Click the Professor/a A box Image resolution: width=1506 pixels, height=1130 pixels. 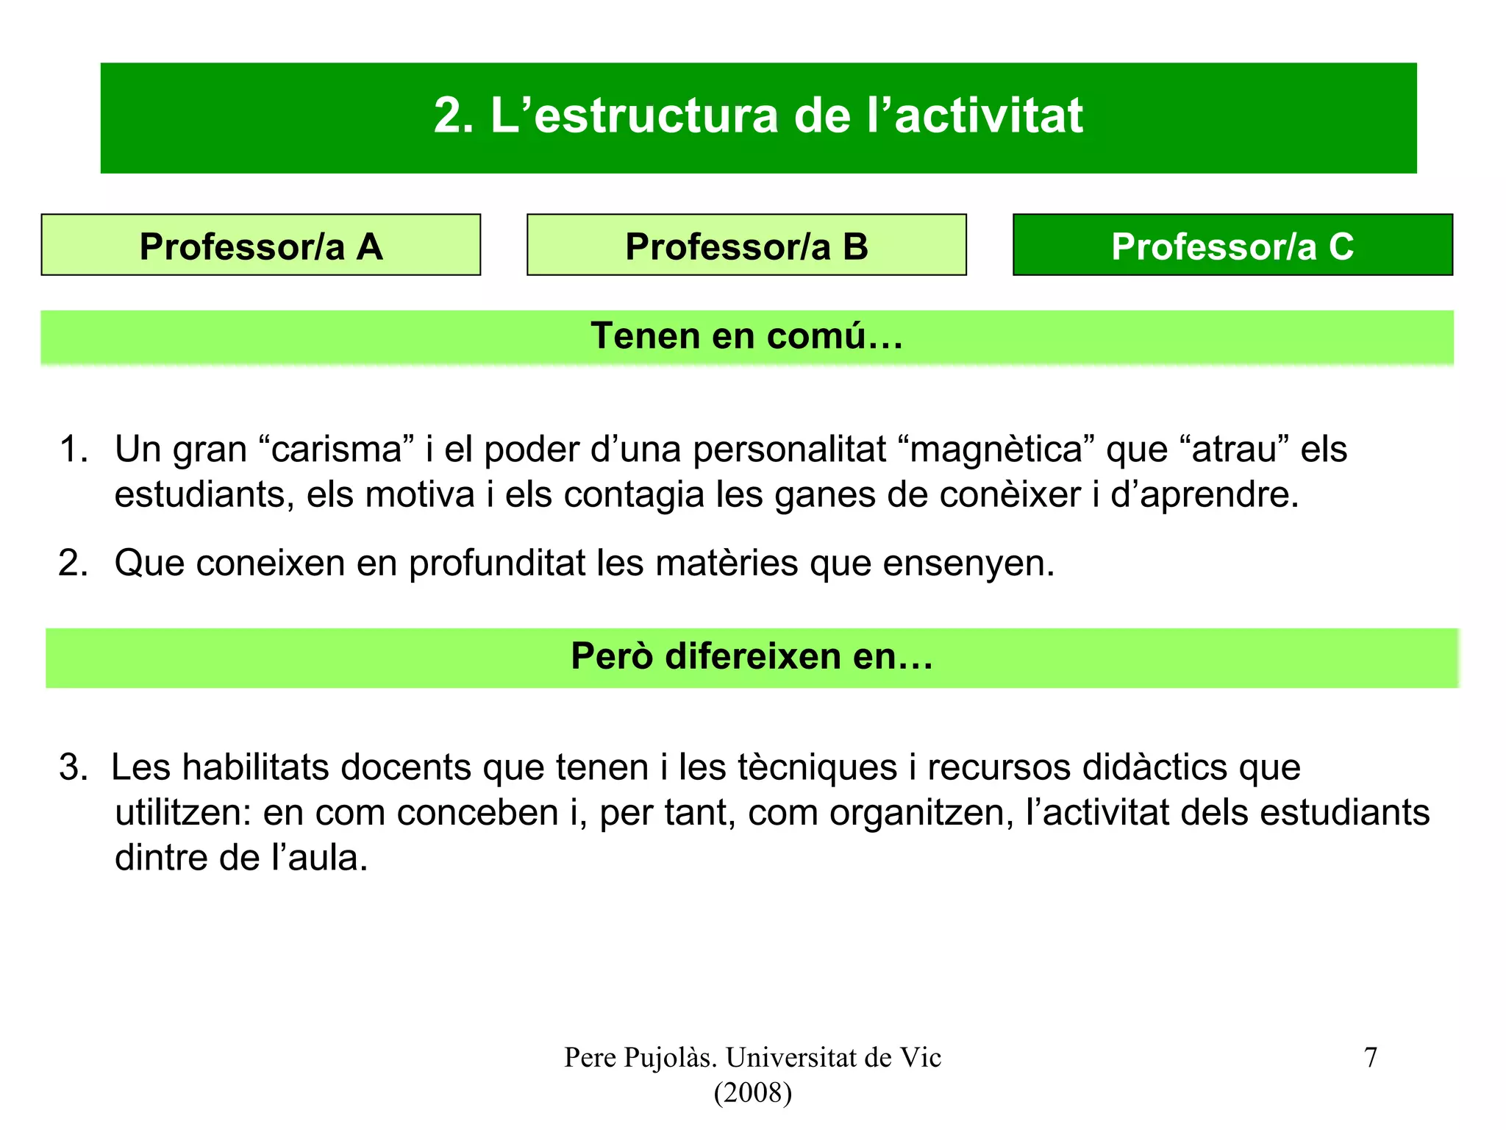[x=261, y=246]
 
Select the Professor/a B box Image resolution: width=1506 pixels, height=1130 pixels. [x=746, y=246]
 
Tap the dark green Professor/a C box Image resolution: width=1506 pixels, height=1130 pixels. [x=1232, y=246]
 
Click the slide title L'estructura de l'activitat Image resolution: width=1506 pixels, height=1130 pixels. [x=758, y=116]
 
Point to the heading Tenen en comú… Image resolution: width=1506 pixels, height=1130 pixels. [x=746, y=336]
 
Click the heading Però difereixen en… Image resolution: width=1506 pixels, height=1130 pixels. [x=752, y=656]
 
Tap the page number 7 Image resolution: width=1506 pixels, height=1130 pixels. [x=1370, y=1058]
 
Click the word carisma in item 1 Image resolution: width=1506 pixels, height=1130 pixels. [x=336, y=449]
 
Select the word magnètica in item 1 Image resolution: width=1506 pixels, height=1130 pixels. [x=996, y=449]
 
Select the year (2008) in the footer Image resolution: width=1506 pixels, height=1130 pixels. [x=752, y=1093]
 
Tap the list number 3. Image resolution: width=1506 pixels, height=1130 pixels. [x=73, y=768]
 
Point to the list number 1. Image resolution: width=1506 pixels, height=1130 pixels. [x=73, y=449]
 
